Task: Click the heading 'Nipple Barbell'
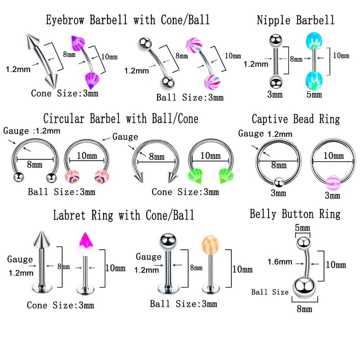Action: pyautogui.click(x=295, y=20)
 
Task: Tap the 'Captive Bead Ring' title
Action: pyautogui.click(x=295, y=119)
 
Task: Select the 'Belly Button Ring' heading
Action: pyautogui.click(x=295, y=214)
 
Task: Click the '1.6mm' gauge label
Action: pyautogui.click(x=278, y=261)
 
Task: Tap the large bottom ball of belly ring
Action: pyautogui.click(x=303, y=287)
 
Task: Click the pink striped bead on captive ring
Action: pyautogui.click(x=333, y=180)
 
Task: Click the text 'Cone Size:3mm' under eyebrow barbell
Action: pyautogui.click(x=65, y=94)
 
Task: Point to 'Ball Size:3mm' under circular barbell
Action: pyautogui.click(x=62, y=192)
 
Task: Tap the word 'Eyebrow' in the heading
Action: pyautogui.click(x=66, y=20)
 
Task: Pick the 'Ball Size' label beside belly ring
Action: pyautogui.click(x=270, y=292)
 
